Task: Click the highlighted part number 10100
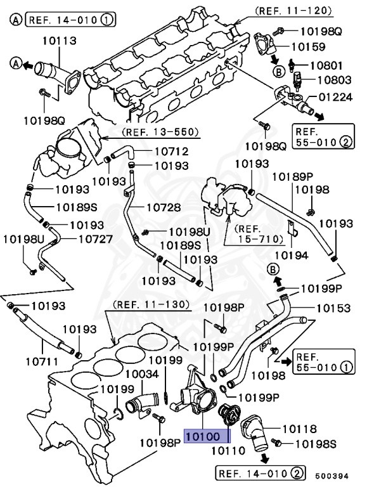coord(207,437)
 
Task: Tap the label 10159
coord(308,46)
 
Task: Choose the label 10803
coord(334,81)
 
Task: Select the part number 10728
coord(164,207)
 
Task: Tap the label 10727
coord(95,239)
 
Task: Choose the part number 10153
coord(333,308)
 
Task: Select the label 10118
coord(299,429)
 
